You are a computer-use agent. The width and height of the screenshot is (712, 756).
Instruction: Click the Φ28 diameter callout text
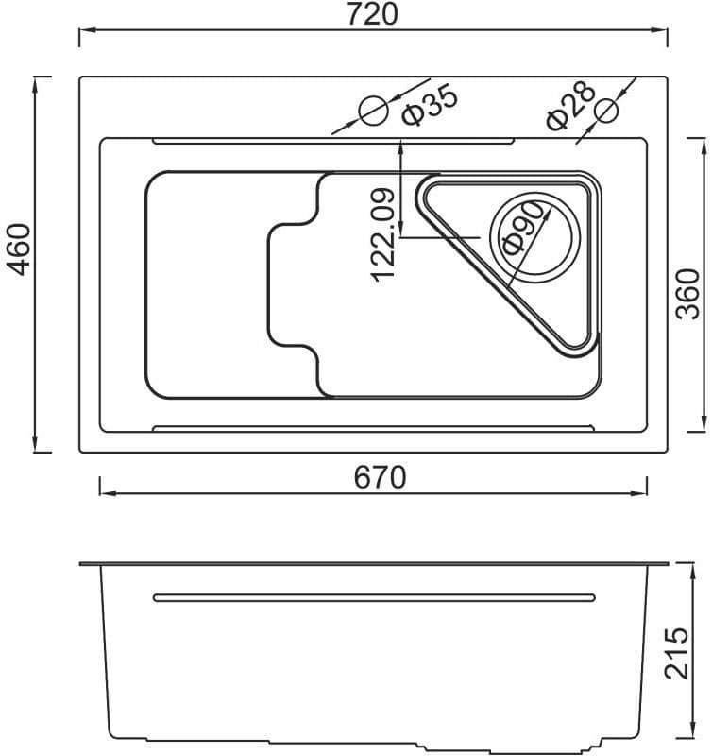569,105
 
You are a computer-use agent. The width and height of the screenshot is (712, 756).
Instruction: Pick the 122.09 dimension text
381,234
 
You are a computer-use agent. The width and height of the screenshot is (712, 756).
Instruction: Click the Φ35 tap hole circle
374,110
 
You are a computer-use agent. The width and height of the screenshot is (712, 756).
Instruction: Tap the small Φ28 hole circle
607,111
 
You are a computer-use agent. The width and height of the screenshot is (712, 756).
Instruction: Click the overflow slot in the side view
374,595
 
